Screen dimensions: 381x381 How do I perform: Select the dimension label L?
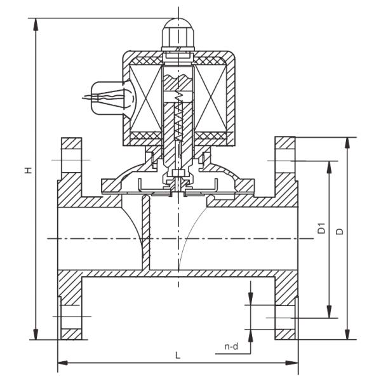(177, 356)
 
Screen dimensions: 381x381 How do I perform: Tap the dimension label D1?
(321, 229)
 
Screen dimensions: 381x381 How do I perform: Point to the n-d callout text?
(232, 347)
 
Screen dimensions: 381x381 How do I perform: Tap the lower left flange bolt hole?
(70, 316)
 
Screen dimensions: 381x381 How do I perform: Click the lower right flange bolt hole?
(284, 316)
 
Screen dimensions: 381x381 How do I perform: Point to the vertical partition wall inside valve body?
(145, 235)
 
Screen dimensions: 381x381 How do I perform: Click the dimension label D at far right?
(340, 232)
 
